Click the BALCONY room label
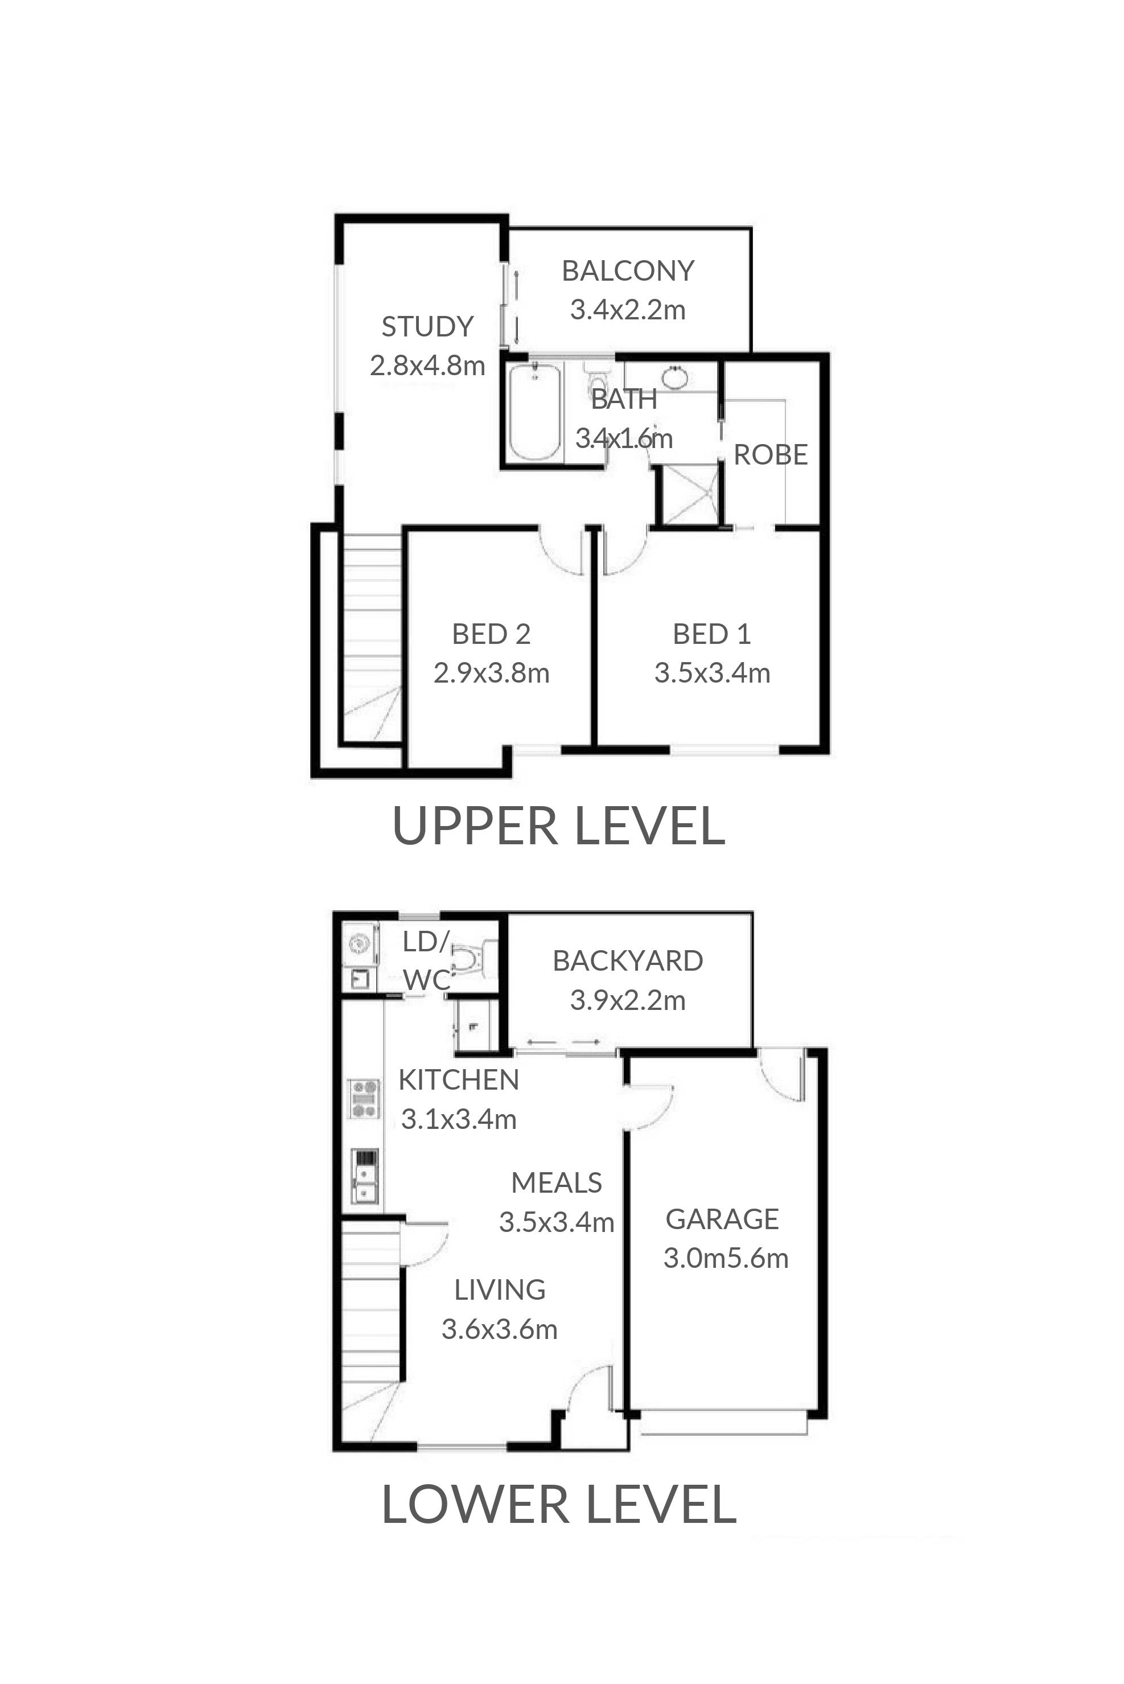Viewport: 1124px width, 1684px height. click(x=628, y=271)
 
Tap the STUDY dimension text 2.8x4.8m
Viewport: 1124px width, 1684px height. click(x=427, y=365)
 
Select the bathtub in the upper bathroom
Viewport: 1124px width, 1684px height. click(x=535, y=412)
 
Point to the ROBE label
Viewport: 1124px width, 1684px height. click(x=771, y=454)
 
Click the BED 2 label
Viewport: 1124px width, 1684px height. click(x=491, y=634)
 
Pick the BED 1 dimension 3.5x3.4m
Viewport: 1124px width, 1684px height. click(x=712, y=673)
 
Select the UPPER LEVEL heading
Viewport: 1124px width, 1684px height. click(x=559, y=826)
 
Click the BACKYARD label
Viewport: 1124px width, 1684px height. click(x=628, y=960)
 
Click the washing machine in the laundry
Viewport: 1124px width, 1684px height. click(x=359, y=946)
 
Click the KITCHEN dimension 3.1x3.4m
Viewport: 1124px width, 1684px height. click(x=459, y=1119)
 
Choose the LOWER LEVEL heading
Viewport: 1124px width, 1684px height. click(x=559, y=1505)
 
